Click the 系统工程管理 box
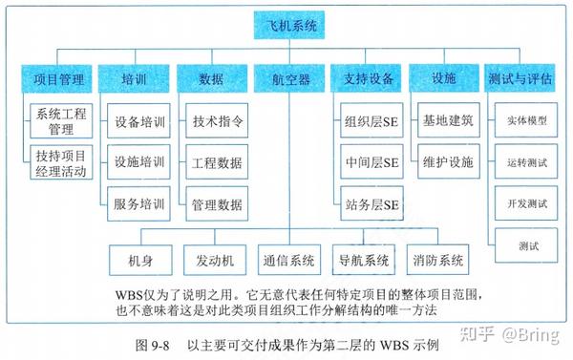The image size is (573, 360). coord(60,121)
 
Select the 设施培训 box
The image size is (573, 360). coord(138,162)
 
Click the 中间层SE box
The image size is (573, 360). coord(371,162)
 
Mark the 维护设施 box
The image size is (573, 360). coord(448,162)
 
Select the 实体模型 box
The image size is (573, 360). coord(521,122)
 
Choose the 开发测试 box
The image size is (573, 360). coord(521,203)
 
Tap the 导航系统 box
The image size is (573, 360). coord(363,260)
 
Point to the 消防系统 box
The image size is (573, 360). coord(438,260)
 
